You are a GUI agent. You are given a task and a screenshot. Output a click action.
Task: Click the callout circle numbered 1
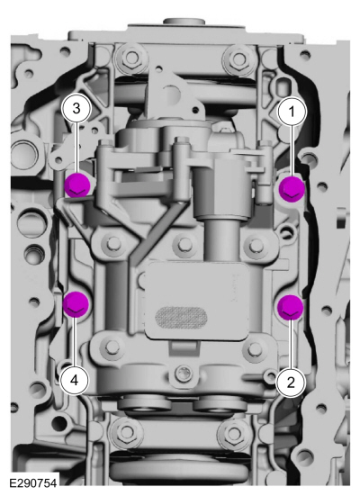coord(292,112)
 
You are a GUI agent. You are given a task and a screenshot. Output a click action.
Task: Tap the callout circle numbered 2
coord(291,383)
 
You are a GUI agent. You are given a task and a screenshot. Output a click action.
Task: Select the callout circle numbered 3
coord(76,109)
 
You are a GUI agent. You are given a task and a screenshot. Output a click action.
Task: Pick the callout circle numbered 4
coord(75,380)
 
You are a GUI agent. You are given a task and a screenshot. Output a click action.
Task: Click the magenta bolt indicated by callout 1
coord(292,188)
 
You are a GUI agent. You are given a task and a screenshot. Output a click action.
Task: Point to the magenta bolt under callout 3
coord(76,185)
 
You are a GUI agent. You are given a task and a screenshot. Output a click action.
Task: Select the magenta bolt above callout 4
coord(76,304)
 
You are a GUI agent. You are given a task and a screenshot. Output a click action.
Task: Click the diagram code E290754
coord(33,483)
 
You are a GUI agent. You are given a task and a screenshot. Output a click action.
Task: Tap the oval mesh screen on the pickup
coord(181,317)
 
